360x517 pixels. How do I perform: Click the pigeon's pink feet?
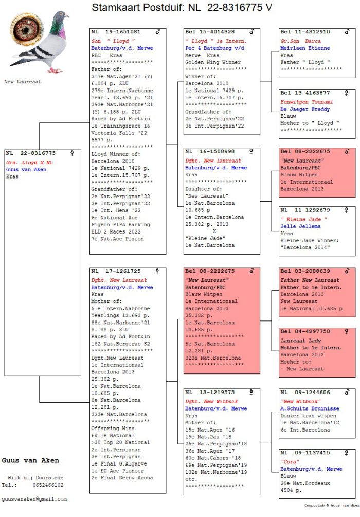point(55,70)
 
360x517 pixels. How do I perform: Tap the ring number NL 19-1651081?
point(116,32)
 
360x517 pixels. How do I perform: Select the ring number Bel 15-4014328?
point(210,32)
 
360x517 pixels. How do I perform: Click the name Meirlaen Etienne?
point(305,48)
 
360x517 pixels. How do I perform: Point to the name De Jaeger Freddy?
point(305,109)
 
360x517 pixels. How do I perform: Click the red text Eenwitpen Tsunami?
point(307,102)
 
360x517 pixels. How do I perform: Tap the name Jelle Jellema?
point(300,226)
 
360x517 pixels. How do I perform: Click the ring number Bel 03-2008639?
point(305,271)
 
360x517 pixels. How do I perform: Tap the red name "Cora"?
point(290,461)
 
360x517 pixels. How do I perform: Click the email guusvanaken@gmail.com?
point(34,499)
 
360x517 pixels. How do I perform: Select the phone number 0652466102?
point(48,485)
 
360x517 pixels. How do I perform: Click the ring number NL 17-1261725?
point(116,271)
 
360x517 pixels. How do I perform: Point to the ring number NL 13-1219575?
point(210,393)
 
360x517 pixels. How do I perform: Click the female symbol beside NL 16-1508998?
point(251,151)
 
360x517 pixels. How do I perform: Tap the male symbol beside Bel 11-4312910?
point(347,32)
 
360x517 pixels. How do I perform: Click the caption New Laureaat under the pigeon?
point(23,82)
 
